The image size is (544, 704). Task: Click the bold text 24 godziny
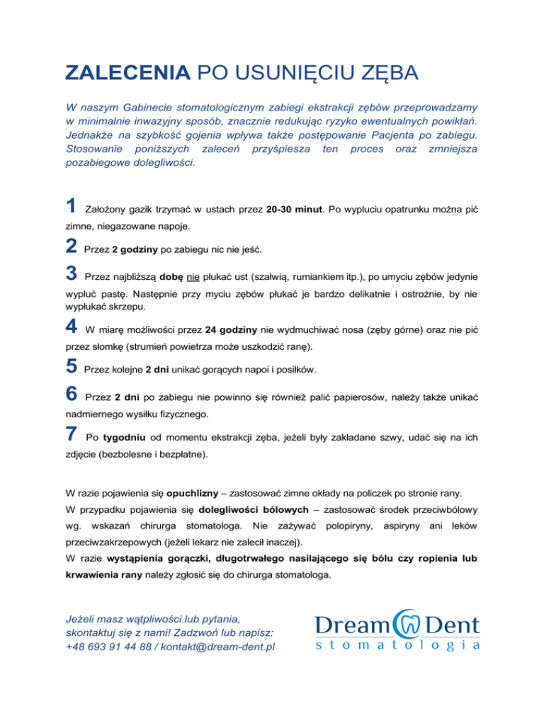(x=233, y=329)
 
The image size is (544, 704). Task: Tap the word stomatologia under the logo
(x=397, y=645)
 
